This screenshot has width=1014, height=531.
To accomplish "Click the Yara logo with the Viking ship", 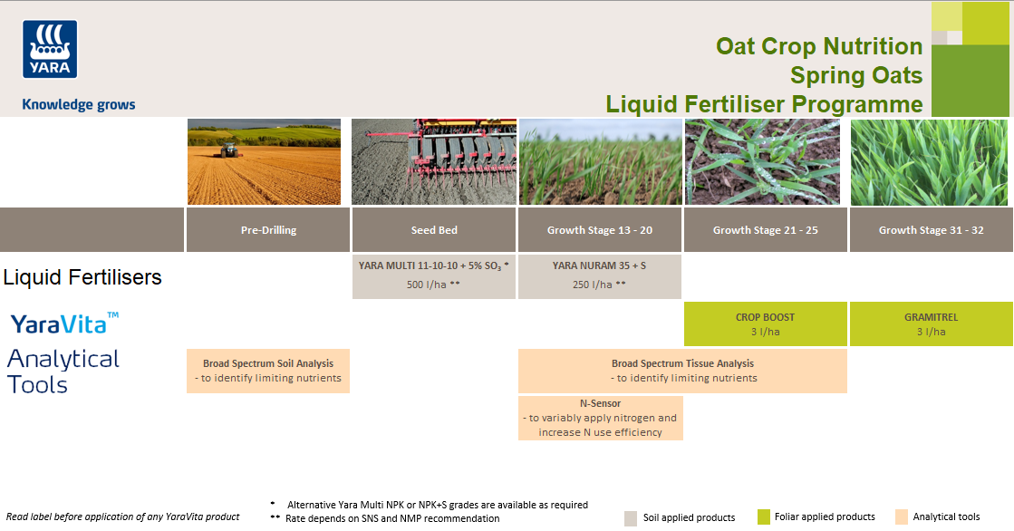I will (50, 49).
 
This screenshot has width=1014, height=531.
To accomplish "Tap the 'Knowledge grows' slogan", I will (79, 104).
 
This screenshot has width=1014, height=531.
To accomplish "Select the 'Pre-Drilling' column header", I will (268, 230).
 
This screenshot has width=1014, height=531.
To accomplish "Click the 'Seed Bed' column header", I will (434, 230).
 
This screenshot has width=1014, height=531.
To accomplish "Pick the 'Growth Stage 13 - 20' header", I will (599, 230).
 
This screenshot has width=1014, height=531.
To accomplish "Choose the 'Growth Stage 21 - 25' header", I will (765, 230).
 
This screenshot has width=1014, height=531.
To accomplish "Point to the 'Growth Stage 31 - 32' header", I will (931, 230).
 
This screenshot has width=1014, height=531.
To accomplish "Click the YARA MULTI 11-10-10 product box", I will (434, 276).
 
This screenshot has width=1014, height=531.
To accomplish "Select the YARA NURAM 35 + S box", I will (599, 276).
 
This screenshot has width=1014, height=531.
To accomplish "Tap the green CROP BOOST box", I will (765, 323).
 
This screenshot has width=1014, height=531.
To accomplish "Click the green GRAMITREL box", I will (931, 323).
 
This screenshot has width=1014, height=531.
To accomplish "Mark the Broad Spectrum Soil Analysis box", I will (268, 371).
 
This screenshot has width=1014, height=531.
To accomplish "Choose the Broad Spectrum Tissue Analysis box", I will (682, 371).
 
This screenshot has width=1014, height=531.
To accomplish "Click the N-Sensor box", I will (600, 418).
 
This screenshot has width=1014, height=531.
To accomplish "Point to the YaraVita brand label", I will (64, 323).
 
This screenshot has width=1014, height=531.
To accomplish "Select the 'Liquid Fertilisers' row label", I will (82, 277).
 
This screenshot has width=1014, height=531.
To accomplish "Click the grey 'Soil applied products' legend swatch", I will (631, 518).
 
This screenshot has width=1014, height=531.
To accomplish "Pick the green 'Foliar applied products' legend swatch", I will (763, 517).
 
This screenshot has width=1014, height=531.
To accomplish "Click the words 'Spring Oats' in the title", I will (855, 75).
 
